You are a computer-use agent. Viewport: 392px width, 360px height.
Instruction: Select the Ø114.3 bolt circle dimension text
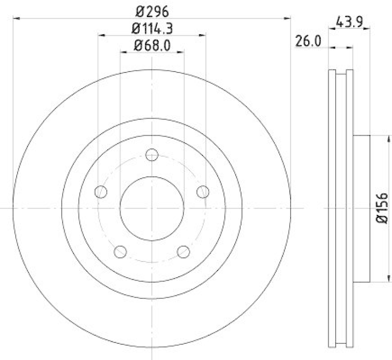click(x=152, y=29)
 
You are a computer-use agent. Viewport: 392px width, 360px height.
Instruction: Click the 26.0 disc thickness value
click(x=308, y=42)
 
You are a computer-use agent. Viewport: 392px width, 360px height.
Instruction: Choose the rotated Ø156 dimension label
click(x=383, y=208)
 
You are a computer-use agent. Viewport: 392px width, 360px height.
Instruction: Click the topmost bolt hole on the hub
click(x=152, y=155)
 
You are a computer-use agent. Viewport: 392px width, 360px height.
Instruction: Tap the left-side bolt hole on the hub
click(x=101, y=192)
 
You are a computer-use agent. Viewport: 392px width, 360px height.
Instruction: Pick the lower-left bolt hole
click(x=121, y=252)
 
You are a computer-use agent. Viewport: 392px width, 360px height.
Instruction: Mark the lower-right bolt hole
click(x=184, y=252)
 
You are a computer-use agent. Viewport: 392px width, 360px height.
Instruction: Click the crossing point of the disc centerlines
click(x=152, y=208)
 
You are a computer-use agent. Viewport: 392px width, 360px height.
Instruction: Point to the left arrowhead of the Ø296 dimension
click(x=15, y=19)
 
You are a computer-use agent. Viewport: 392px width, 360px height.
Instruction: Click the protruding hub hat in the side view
click(x=360, y=208)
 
